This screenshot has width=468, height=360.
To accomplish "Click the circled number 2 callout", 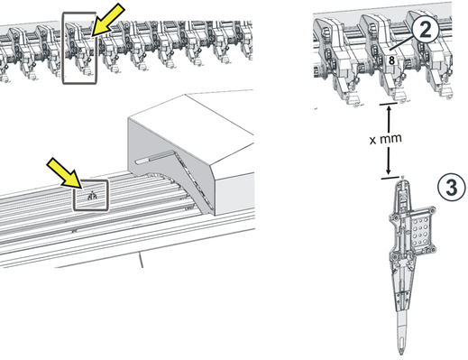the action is [425, 29].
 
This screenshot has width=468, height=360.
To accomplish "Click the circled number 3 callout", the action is [451, 188].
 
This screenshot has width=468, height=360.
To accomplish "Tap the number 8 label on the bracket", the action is [391, 60].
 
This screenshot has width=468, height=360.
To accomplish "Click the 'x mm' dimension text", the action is [386, 139].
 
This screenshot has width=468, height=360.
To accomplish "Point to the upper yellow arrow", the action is [107, 20].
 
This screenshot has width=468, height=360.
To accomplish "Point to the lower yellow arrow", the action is [64, 173].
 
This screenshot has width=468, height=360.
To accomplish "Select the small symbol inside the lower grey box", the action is [92, 196].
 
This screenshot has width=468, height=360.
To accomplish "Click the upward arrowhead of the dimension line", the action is [389, 110].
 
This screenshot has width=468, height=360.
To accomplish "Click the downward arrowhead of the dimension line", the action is [389, 171].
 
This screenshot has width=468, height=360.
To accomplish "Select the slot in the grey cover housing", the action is [154, 157].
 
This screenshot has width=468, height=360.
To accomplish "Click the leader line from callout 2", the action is [401, 42].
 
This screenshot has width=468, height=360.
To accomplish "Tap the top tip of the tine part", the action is [403, 179].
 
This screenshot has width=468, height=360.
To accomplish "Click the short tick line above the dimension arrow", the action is [389, 104].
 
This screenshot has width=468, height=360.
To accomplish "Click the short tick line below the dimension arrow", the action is [390, 178].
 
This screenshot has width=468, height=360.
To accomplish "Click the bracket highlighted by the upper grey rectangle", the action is [79, 48].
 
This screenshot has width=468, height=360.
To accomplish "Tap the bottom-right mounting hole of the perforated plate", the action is [432, 249].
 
